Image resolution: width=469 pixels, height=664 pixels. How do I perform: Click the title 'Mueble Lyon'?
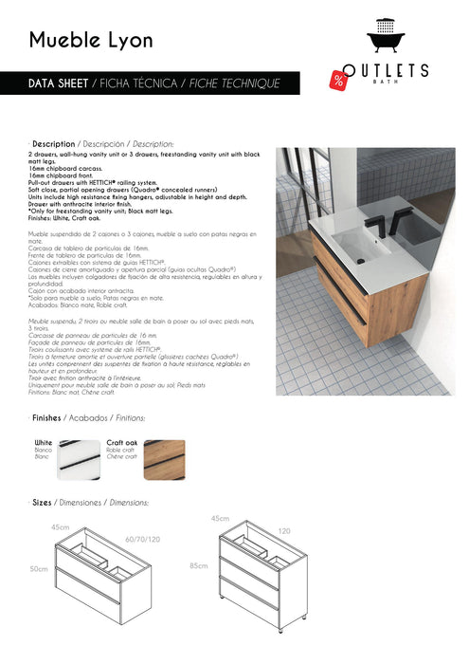90,40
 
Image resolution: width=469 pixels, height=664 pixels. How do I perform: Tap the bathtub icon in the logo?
386,40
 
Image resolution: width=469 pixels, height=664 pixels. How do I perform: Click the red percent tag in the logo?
338,80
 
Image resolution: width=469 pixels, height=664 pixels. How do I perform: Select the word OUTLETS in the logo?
387,70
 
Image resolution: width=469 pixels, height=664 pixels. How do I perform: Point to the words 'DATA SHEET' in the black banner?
58,83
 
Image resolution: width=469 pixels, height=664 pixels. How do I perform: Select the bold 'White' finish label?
44,442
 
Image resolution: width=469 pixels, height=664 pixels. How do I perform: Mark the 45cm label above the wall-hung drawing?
61,526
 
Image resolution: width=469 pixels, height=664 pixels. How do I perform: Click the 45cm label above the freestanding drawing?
221,518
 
